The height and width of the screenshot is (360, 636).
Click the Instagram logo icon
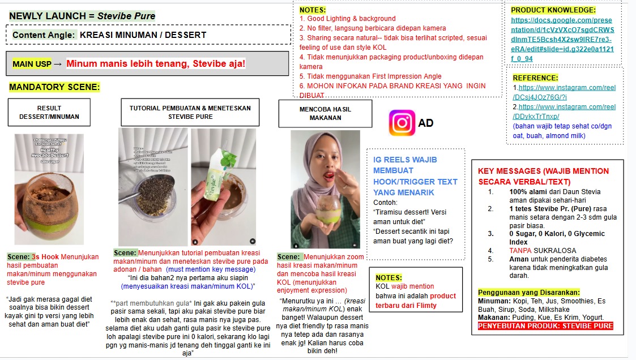click(x=402, y=123)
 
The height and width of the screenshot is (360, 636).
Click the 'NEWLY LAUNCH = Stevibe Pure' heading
click(x=82, y=16)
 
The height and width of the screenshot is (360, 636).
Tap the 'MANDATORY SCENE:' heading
click(x=54, y=87)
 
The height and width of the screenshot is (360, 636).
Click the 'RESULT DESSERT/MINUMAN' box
click(x=49, y=112)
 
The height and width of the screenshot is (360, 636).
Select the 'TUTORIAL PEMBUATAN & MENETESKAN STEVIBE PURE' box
click(x=190, y=112)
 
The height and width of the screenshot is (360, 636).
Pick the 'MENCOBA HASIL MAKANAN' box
click(x=325, y=113)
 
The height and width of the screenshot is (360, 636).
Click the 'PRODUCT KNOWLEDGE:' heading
click(x=553, y=10)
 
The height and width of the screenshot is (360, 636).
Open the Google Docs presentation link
click(x=562, y=39)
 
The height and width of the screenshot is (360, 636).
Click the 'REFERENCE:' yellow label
click(x=535, y=78)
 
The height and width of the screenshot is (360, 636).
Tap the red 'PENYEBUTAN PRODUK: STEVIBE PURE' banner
click(x=545, y=326)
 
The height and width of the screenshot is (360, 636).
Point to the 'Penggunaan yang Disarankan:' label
click(x=529, y=292)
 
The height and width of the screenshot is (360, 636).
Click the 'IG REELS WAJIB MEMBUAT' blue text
click(x=405, y=165)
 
